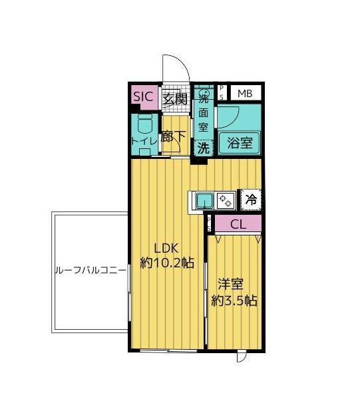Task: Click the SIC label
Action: pyautogui.click(x=144, y=97)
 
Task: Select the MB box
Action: pyautogui.click(x=246, y=93)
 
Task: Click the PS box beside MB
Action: pyautogui.click(x=222, y=92)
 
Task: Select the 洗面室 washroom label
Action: pyautogui.click(x=204, y=113)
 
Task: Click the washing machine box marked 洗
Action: pyautogui.click(x=202, y=148)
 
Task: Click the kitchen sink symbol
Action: pyautogui.click(x=203, y=198)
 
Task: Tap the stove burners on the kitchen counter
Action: pyautogui.click(x=224, y=198)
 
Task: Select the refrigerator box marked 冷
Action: pyautogui.click(x=250, y=198)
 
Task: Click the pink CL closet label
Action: pyautogui.click(x=238, y=224)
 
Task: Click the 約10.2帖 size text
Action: pyautogui.click(x=166, y=263)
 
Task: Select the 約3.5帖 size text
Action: pyautogui.click(x=234, y=300)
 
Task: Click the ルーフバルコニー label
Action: pyautogui.click(x=89, y=272)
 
